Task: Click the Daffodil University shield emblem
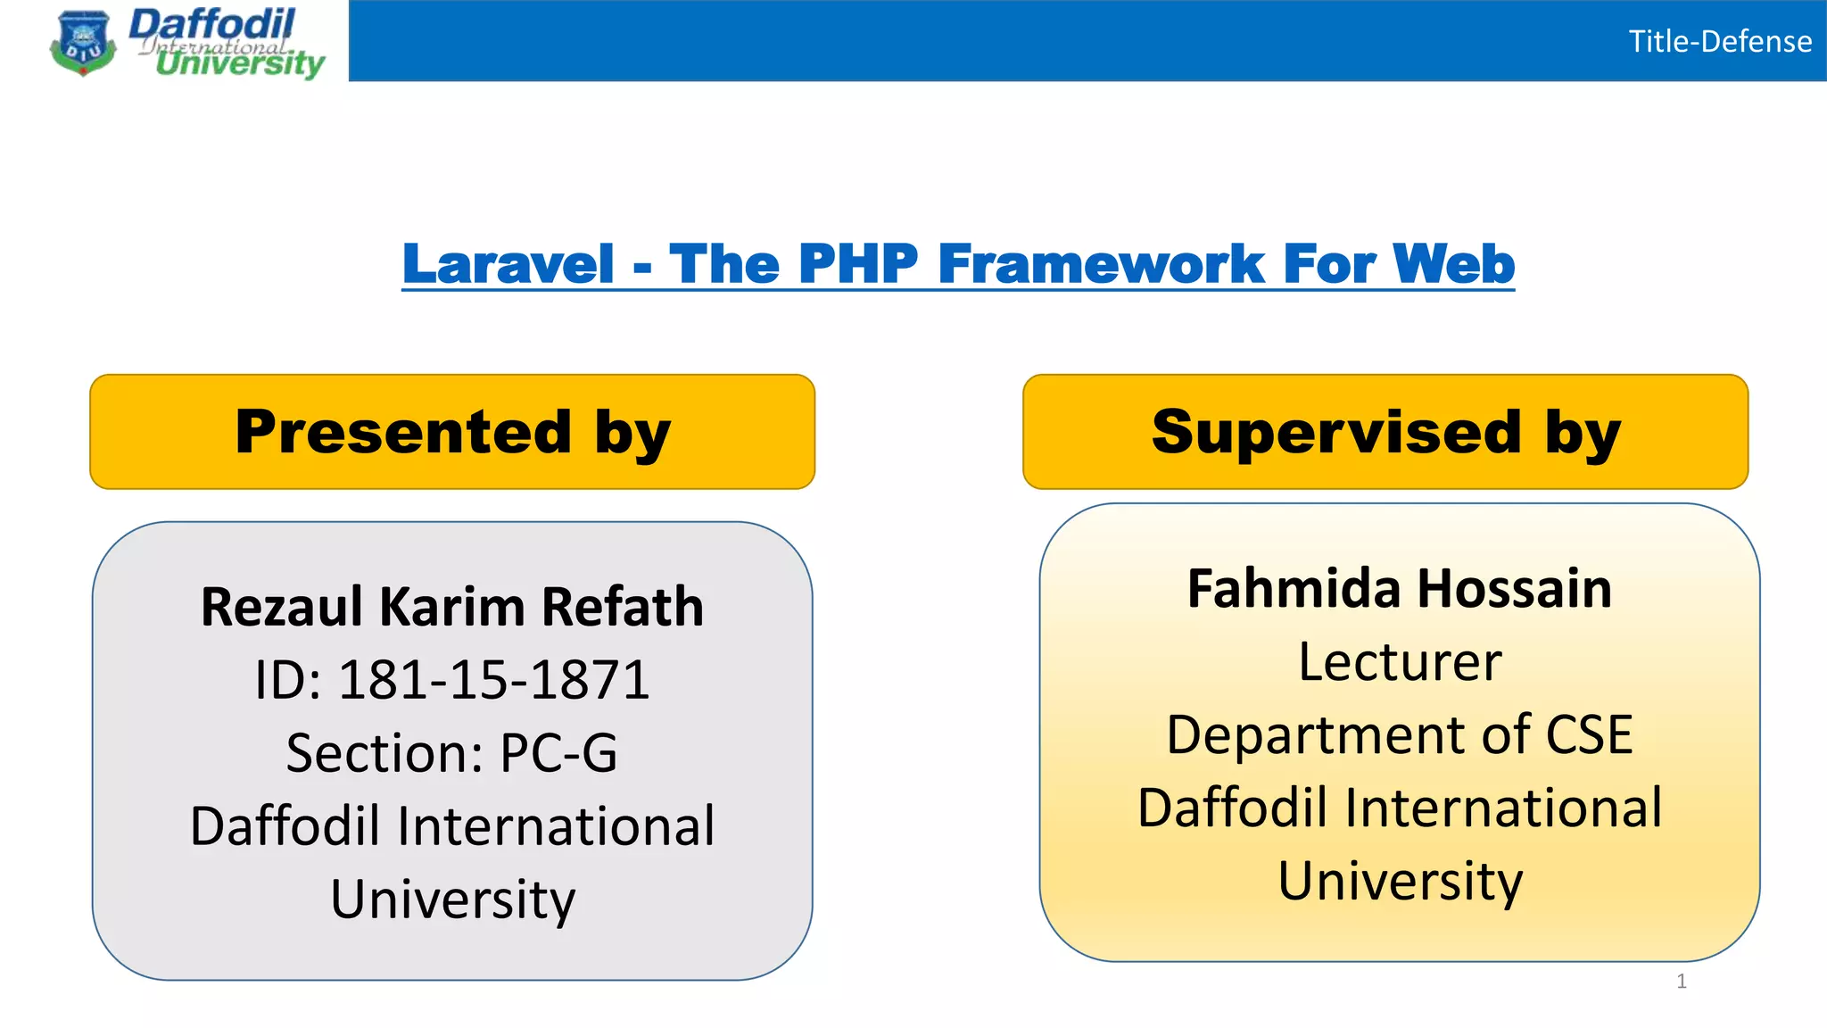pyautogui.click(x=83, y=43)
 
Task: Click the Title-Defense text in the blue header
pyautogui.click(x=1719, y=42)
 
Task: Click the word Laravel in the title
pyautogui.click(x=508, y=264)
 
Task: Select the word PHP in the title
pyautogui.click(x=857, y=264)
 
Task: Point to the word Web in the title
pyautogui.click(x=1453, y=264)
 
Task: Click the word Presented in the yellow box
pyautogui.click(x=402, y=432)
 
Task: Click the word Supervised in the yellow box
pyautogui.click(x=1335, y=432)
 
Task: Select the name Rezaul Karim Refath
pyautogui.click(x=452, y=607)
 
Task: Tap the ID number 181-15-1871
pyautogui.click(x=493, y=680)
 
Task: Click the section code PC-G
pyautogui.click(x=558, y=753)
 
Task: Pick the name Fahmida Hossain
pyautogui.click(x=1399, y=589)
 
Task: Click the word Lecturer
pyautogui.click(x=1399, y=662)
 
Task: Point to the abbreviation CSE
pyautogui.click(x=1589, y=735)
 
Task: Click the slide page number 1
pyautogui.click(x=1681, y=982)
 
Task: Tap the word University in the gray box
pyautogui.click(x=452, y=899)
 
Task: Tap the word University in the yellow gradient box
pyautogui.click(x=1399, y=882)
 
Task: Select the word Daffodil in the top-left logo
pyautogui.click(x=212, y=24)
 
